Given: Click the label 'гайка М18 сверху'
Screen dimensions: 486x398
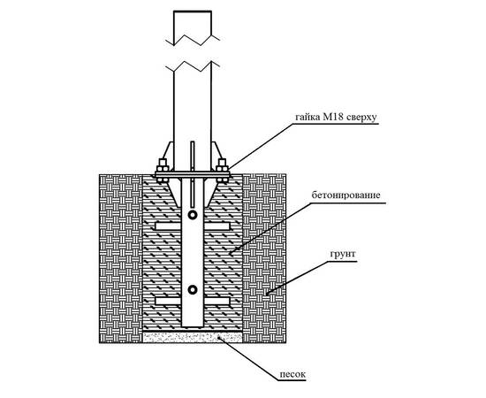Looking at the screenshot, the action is pos(336,118).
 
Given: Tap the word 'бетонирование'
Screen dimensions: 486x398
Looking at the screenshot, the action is pos(346,195).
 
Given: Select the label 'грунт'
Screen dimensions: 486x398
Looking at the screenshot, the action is pos(343,255).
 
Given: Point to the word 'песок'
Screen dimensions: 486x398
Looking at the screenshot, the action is pos(292,374).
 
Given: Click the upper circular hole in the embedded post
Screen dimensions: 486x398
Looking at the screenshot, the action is pos(193,215).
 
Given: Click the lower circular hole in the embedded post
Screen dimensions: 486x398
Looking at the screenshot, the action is pos(193,290).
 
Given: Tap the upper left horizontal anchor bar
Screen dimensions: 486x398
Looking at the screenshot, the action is pos(168,226).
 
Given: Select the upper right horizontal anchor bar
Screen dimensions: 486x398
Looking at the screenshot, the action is pos(216,226).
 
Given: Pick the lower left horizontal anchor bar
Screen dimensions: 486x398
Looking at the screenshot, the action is pos(168,301).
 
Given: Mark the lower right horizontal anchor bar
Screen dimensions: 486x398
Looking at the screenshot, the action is pos(216,301).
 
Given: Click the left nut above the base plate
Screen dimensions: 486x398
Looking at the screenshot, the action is pos(163,165).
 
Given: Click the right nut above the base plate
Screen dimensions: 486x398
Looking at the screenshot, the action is pos(222,165).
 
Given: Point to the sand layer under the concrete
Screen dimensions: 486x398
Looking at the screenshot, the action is pos(193,337).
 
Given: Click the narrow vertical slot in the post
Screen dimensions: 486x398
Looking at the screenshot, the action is pos(193,174).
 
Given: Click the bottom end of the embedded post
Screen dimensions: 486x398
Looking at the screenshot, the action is pos(193,326).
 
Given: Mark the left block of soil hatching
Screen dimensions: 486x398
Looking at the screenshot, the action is pos(120,258).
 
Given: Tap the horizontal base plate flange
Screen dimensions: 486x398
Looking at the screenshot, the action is pos(193,175).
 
